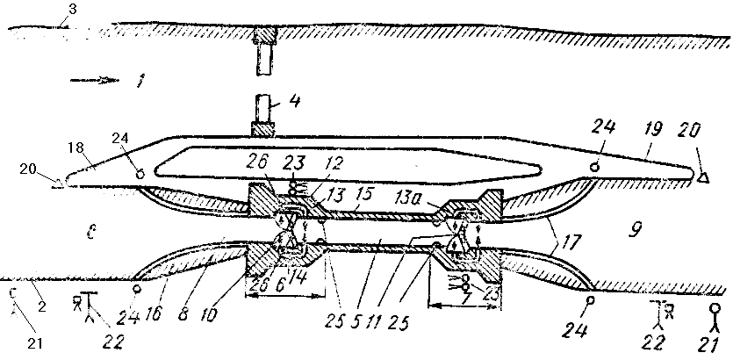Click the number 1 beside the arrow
[x=140, y=83]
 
